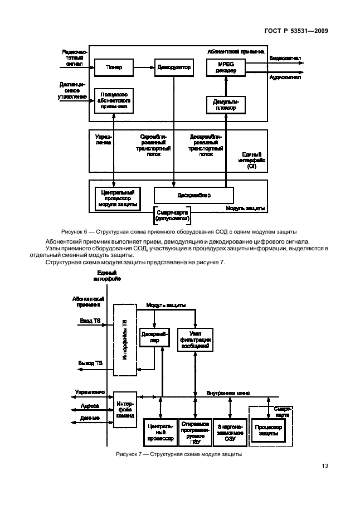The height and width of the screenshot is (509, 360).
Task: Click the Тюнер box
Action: [114, 67]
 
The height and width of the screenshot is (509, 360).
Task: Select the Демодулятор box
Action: [174, 67]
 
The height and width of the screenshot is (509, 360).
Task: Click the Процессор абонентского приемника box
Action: [114, 100]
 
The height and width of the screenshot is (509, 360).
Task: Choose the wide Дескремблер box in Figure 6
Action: [193, 196]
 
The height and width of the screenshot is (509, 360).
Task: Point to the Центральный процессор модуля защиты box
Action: [117, 196]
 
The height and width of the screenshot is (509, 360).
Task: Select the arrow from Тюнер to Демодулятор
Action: [143, 67]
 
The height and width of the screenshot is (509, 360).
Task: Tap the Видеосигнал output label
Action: [286, 59]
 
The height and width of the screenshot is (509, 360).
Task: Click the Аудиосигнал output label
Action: [285, 77]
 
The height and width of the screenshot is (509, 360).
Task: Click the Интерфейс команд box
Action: [124, 409]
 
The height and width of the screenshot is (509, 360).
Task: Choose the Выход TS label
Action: [90, 363]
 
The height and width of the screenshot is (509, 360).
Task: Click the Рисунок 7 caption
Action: [179, 455]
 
